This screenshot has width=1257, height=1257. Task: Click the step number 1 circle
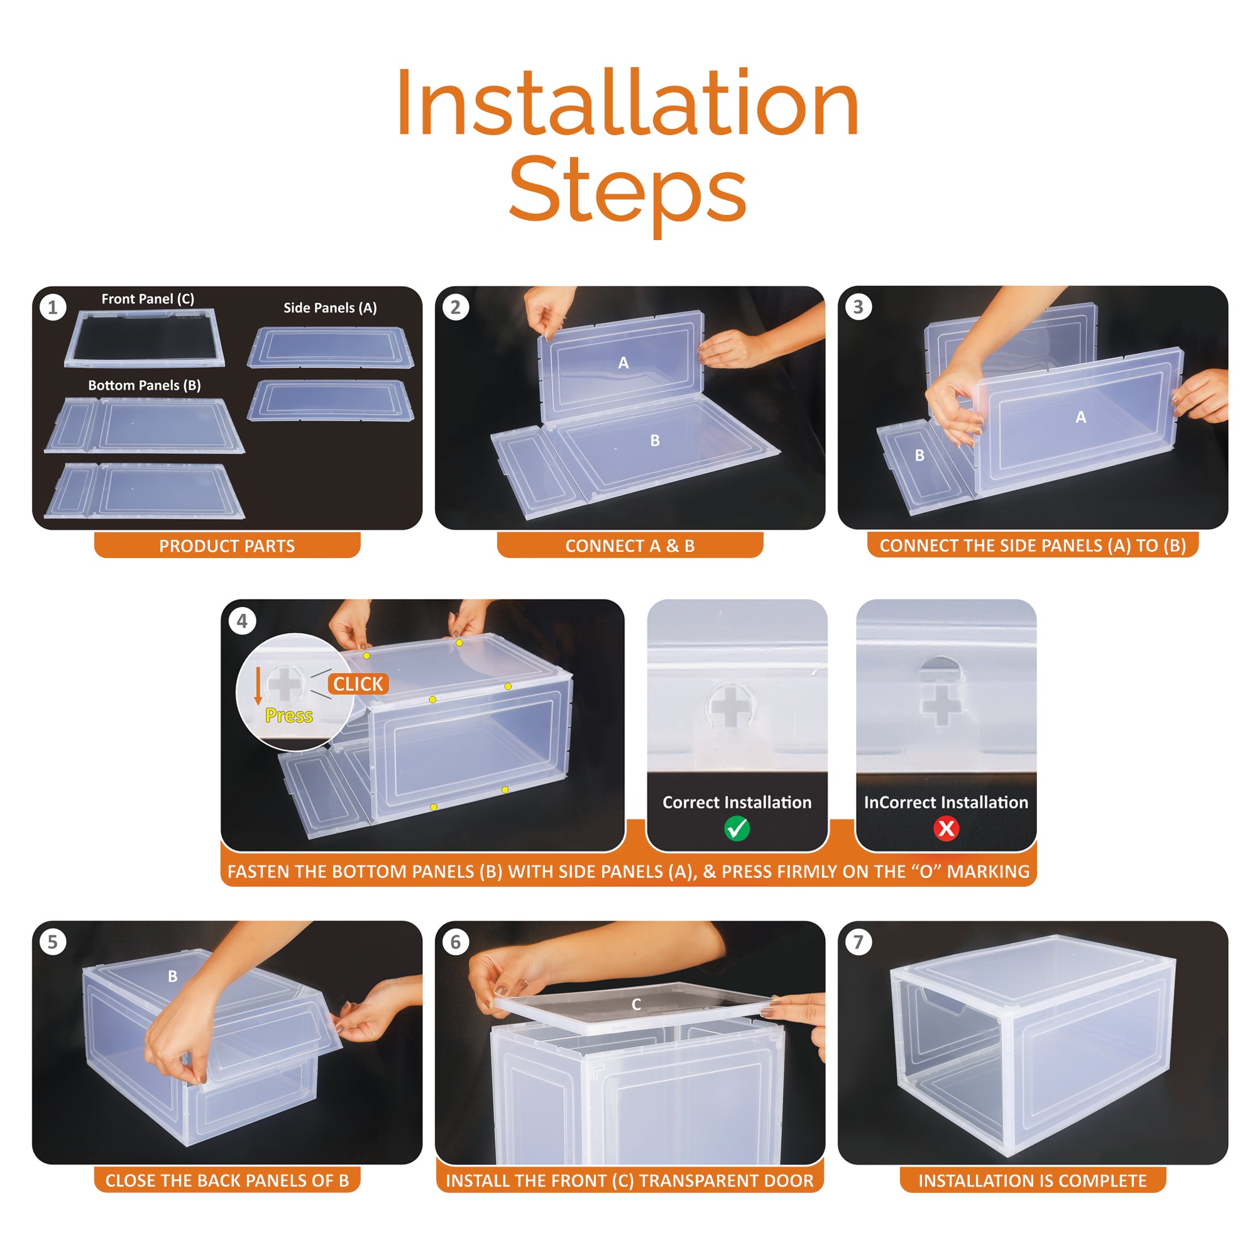tap(53, 307)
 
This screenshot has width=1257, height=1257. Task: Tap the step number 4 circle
tap(242, 622)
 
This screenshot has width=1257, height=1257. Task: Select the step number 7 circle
tap(858, 941)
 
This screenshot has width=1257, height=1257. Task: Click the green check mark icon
tap(737, 828)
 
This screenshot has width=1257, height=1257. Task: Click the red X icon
tap(946, 828)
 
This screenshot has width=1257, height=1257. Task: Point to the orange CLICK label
tap(358, 684)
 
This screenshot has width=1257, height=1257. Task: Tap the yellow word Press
tap(289, 716)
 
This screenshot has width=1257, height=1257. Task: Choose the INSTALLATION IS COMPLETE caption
tap(1033, 1180)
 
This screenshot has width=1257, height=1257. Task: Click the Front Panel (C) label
tap(148, 299)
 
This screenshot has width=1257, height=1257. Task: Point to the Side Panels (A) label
tap(330, 308)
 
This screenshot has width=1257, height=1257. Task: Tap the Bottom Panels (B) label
tap(145, 385)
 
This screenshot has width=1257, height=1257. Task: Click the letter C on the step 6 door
tap(636, 1004)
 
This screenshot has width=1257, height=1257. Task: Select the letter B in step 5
tap(172, 976)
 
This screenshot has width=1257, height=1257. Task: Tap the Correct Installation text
tap(737, 802)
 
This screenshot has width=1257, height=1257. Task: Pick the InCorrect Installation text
tap(946, 802)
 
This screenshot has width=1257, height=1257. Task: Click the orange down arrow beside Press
tap(258, 686)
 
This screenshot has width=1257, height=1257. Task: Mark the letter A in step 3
tap(1080, 417)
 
